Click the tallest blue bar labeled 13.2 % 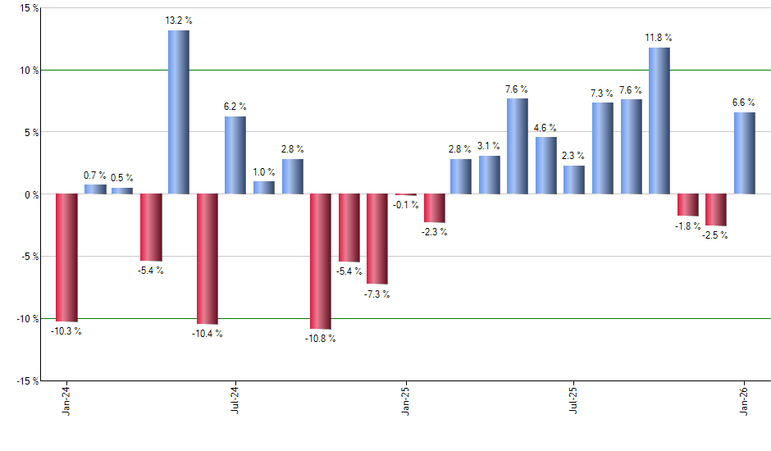tap(179, 112)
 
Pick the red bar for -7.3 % tap(377, 239)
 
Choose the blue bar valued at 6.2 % tap(235, 155)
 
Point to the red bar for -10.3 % tap(66, 257)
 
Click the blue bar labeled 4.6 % tap(546, 166)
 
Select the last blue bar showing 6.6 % tap(744, 153)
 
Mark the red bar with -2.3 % tap(434, 208)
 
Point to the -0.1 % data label tap(406, 205)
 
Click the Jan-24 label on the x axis tap(66, 401)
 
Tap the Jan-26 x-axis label tap(744, 401)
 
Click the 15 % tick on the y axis tap(28, 8)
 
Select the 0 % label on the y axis tap(31, 194)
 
